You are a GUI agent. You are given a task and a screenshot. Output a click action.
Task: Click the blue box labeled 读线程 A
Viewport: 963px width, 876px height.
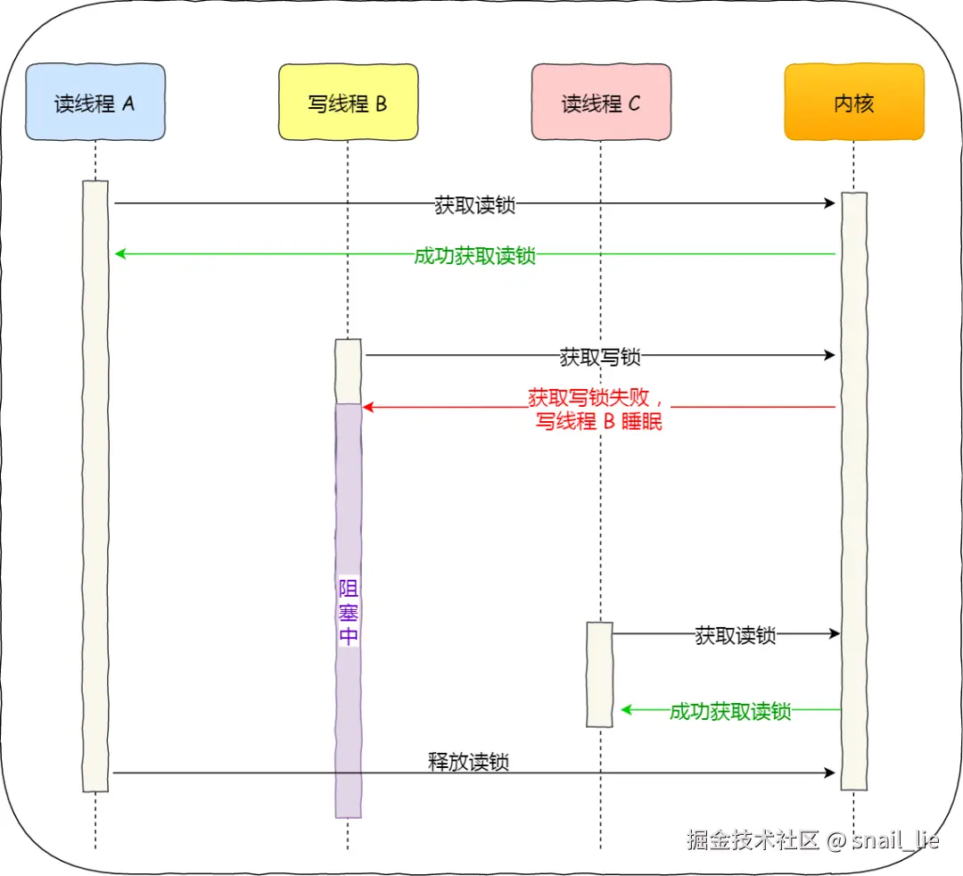pos(95,103)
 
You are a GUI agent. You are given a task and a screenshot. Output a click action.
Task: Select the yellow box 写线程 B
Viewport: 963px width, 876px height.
pos(348,103)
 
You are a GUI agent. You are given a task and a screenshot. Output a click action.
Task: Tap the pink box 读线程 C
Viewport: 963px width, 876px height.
pos(601,103)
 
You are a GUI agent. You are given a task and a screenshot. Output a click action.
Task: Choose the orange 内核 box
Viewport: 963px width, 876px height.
pos(853,103)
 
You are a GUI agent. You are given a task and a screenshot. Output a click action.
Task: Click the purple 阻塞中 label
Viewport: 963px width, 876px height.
pos(349,612)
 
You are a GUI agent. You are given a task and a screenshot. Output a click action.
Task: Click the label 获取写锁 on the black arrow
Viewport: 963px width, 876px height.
pos(600,357)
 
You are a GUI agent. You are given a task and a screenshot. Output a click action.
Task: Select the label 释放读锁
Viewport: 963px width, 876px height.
pos(469,762)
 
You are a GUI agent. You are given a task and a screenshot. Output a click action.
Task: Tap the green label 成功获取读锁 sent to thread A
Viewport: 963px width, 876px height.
pos(475,255)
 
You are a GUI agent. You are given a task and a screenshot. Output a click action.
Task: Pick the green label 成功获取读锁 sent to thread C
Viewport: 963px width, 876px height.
pos(730,711)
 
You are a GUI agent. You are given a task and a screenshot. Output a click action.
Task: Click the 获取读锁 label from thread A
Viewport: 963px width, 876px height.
pos(475,204)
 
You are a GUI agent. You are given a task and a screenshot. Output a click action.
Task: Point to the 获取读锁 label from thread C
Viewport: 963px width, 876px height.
pos(736,635)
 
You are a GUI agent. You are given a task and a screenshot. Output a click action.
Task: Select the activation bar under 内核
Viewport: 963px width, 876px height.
pos(853,491)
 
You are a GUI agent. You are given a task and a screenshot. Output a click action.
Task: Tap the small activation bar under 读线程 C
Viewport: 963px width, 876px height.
pos(600,674)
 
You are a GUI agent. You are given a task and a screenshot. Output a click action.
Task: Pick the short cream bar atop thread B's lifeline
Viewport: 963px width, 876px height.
pos(348,371)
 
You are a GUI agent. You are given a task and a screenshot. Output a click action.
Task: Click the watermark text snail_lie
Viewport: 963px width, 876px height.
pos(895,839)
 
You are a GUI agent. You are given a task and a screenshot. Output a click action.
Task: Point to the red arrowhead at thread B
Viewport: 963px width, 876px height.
pos(367,408)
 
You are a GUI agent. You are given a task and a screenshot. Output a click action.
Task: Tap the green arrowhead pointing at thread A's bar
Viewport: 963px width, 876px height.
pos(120,254)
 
